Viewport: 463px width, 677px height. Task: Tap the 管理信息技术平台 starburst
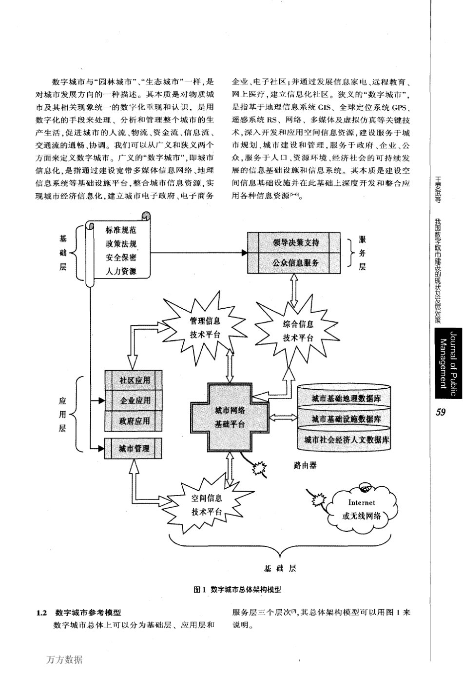tap(205, 328)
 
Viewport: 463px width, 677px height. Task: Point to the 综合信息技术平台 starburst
tap(299, 331)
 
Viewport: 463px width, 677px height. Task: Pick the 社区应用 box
tap(135, 380)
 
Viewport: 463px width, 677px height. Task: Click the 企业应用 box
tap(135, 400)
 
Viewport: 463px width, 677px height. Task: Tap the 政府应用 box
tap(135, 420)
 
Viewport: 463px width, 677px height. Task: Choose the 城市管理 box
tap(135, 448)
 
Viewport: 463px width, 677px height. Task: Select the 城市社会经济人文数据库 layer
tap(346, 439)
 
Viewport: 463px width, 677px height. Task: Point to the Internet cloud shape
tap(361, 508)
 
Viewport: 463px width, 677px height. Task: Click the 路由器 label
tap(305, 465)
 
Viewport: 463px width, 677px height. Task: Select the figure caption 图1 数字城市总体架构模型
tap(237, 589)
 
